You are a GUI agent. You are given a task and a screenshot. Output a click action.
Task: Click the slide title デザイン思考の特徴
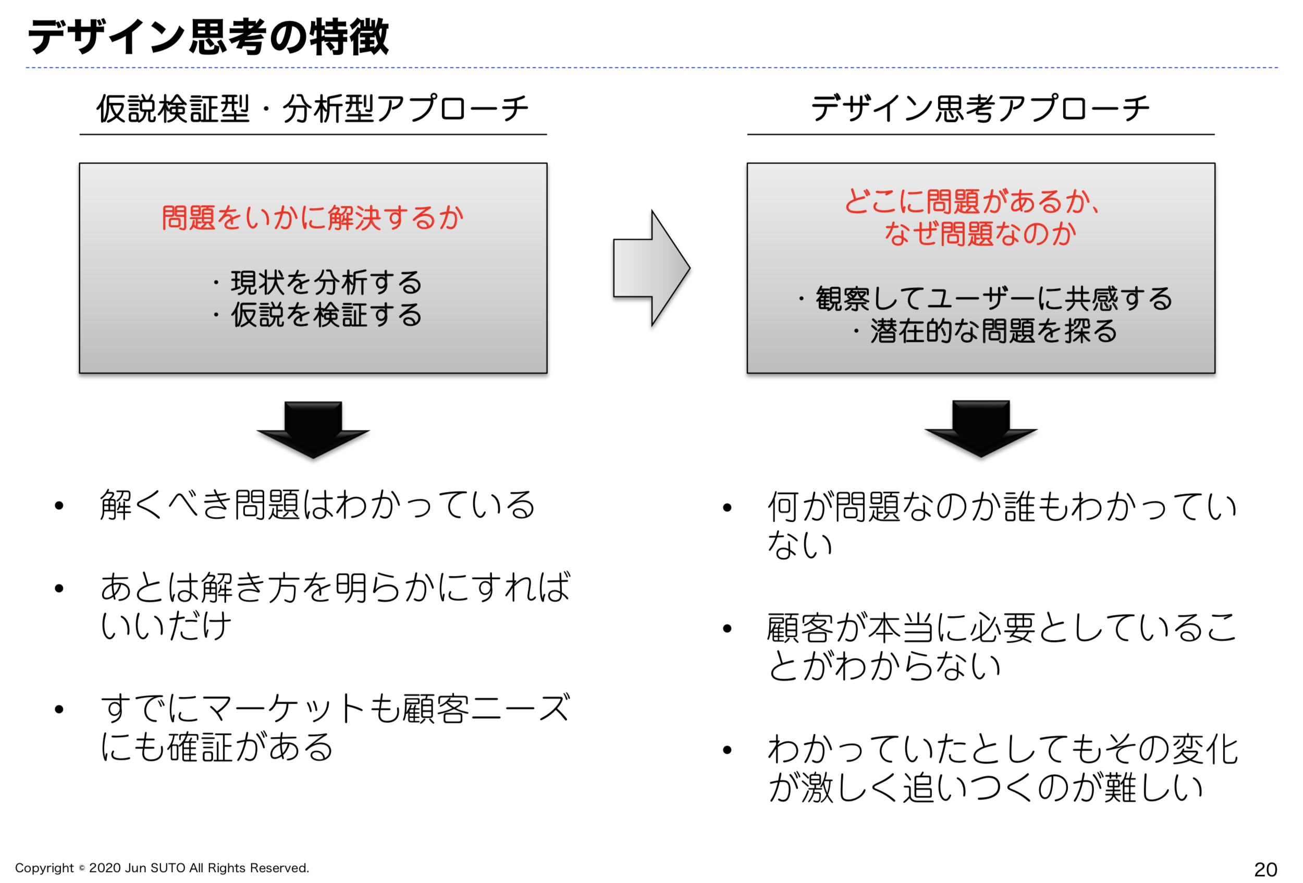(208, 37)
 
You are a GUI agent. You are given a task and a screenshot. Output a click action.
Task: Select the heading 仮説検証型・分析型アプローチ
(312, 108)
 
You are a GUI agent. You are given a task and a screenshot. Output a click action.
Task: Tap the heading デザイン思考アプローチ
(980, 108)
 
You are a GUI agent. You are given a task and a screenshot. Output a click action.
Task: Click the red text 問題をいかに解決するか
(313, 217)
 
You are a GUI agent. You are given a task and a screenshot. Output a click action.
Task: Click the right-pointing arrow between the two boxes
(651, 268)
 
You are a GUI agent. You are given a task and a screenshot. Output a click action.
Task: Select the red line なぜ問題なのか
(980, 233)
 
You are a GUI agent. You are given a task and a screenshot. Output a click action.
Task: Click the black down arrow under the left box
(313, 430)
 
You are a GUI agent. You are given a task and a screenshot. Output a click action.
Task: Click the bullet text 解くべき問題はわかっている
(317, 505)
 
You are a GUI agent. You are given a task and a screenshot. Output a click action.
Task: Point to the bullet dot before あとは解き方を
(59, 588)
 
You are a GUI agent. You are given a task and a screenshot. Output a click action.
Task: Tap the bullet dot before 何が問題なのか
(727, 508)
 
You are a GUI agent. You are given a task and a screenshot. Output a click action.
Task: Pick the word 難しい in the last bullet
(1154, 787)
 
